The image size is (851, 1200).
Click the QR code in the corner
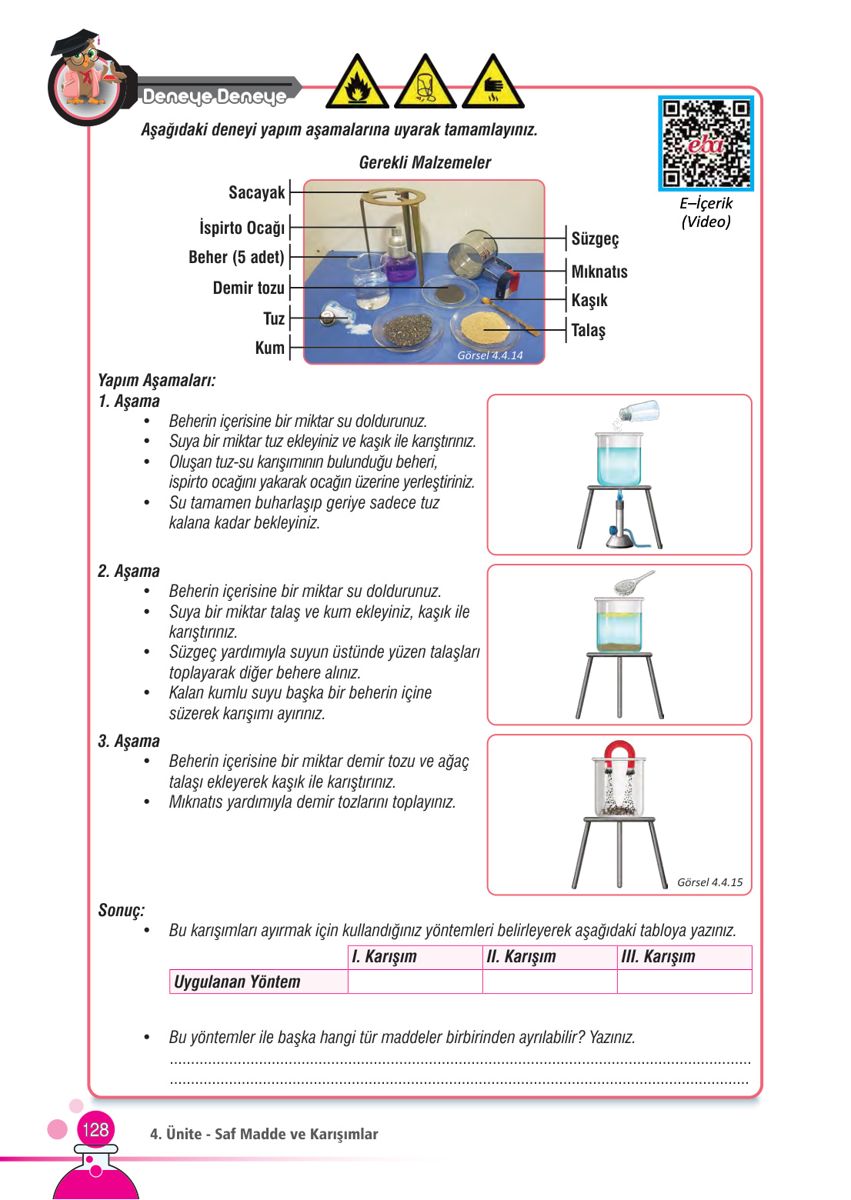706,143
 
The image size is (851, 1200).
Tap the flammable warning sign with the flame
356,84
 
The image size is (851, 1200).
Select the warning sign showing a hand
492,84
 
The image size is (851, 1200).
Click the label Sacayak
256,192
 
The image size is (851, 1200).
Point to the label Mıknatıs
599,272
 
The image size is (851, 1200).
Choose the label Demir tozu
249,288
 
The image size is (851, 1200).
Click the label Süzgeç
595,238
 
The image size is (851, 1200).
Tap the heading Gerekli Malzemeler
425,162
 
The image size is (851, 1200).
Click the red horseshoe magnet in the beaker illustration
619,754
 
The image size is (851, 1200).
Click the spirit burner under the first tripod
619,527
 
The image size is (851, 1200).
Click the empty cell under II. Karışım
549,982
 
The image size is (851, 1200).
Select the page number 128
95,1129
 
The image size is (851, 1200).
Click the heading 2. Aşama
129,571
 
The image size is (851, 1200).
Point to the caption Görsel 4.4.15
709,882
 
